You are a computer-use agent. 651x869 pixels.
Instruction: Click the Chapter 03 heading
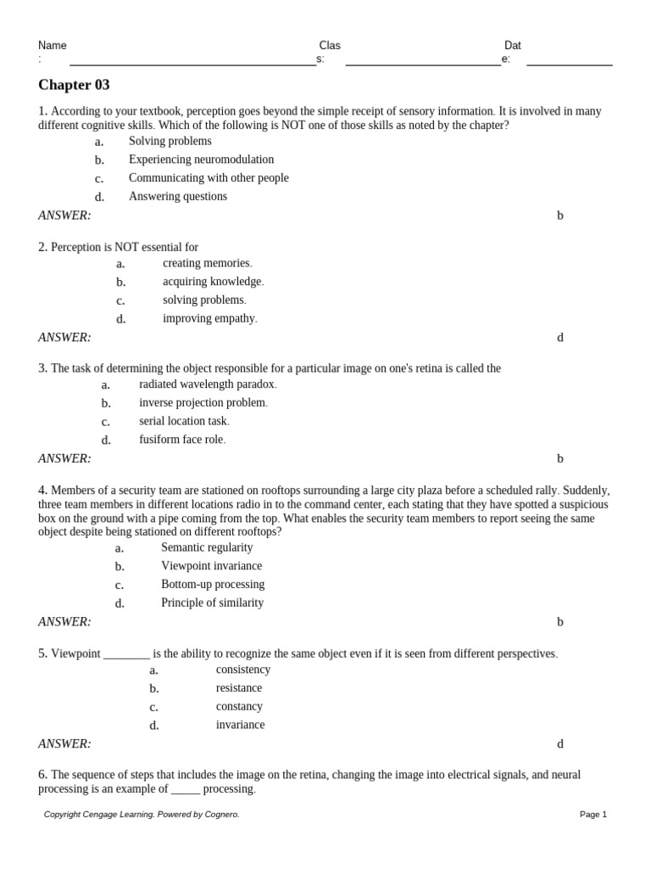pos(74,85)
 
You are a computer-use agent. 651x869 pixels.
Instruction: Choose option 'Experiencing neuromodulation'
pos(201,160)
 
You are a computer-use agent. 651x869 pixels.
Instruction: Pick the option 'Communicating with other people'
pos(209,178)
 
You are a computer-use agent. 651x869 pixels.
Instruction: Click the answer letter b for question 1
pos(559,216)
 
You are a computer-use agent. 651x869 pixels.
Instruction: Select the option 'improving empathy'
pos(209,318)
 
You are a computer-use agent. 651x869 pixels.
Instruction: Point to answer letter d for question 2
pos(559,338)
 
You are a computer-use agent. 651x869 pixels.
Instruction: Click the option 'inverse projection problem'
pos(203,403)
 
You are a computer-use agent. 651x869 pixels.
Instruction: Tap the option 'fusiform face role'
pos(181,440)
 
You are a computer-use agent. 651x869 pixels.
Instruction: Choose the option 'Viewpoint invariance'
pos(211,566)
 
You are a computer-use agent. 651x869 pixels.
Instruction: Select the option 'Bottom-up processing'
pos(213,585)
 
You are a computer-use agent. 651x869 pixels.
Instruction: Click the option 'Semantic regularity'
pos(207,547)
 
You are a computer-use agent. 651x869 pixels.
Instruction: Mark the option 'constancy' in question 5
pos(239,706)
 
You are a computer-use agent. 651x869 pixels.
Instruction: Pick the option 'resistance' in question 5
pos(239,688)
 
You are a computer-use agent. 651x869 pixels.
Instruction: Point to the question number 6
pos(42,775)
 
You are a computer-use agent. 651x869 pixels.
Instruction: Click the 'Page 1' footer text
pos(593,815)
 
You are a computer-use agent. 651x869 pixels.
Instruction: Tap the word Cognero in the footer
pos(221,815)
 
